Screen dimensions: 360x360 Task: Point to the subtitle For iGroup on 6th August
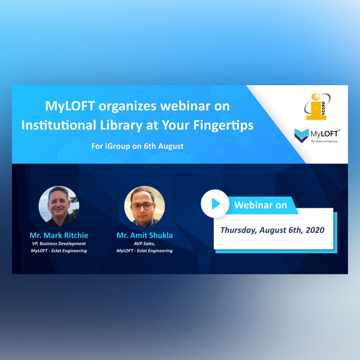(137, 146)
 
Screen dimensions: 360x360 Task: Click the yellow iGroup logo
(317, 106)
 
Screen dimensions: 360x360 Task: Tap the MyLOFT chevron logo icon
(302, 136)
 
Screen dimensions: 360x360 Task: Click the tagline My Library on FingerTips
(324, 142)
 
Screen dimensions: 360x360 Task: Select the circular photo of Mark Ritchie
(59, 206)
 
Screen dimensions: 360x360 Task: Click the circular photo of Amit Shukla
(144, 206)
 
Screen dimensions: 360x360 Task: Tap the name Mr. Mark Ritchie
(59, 235)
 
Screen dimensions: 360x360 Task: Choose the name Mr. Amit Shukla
(144, 235)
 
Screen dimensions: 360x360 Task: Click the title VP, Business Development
(59, 244)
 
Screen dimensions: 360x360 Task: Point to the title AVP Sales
(144, 244)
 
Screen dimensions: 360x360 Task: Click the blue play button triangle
(216, 204)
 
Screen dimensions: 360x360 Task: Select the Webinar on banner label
(260, 205)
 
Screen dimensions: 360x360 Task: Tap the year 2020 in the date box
(315, 230)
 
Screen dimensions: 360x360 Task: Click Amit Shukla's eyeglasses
(142, 206)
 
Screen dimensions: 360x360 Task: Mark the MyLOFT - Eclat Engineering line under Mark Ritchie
(59, 251)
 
